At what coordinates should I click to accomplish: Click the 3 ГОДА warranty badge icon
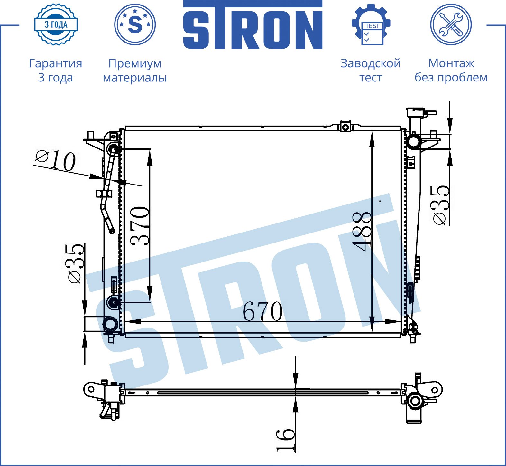pos(56,24)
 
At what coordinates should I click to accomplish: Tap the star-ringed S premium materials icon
pos(135,24)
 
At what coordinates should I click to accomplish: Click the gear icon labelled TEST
pos(371,24)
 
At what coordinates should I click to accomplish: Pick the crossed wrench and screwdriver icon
pos(451,24)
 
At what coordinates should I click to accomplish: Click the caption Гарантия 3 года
pos(56,70)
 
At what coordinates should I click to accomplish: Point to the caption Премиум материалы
pos(135,70)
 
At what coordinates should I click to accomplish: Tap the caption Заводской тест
pos(371,70)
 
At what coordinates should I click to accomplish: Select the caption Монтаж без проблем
pos(451,70)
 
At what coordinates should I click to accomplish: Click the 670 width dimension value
pos(262,311)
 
